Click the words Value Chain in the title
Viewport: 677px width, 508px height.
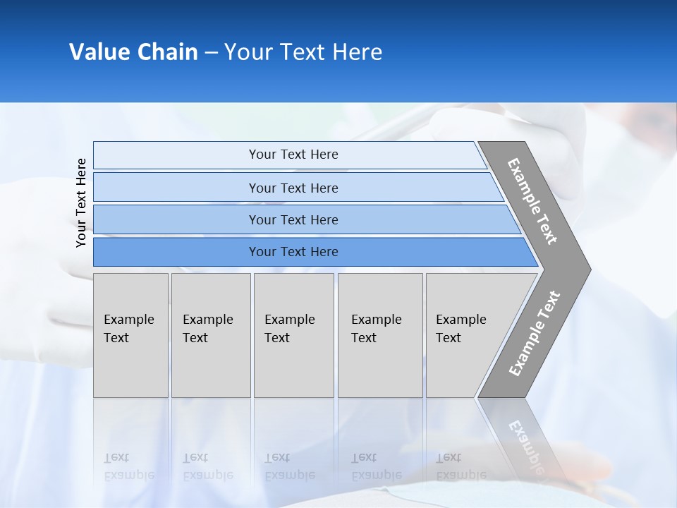[x=133, y=52]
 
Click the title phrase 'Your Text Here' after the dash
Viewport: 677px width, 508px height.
[x=303, y=52]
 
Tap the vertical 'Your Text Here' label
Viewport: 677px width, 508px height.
[x=81, y=202]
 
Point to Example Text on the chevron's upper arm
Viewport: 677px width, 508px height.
[x=532, y=201]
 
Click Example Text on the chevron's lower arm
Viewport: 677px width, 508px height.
[x=534, y=334]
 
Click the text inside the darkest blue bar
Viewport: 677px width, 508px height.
[x=293, y=252]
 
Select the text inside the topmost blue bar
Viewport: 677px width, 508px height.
[x=293, y=155]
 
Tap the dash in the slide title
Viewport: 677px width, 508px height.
[x=211, y=53]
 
